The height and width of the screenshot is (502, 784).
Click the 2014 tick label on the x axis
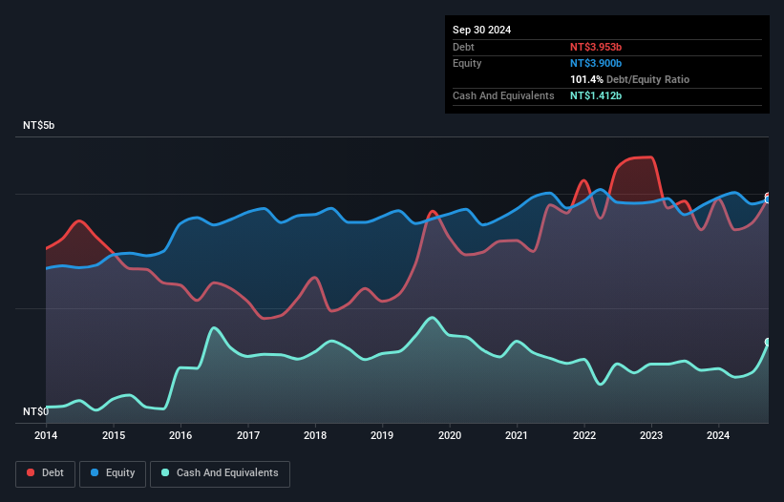[46, 435]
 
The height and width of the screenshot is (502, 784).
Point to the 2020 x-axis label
[449, 435]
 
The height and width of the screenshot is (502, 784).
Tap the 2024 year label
[718, 435]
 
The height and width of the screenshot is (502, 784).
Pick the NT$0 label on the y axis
[36, 411]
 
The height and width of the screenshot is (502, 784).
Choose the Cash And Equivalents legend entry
[220, 472]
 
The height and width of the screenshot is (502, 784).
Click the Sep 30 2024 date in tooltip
[481, 30]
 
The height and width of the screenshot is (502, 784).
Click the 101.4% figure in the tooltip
[588, 80]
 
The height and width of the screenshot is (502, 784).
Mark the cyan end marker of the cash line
[768, 342]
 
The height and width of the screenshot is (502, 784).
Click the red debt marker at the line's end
[768, 197]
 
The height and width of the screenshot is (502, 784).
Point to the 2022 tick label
[583, 435]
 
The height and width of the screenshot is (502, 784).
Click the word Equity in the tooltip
[467, 63]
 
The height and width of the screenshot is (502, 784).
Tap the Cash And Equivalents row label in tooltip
[503, 96]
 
